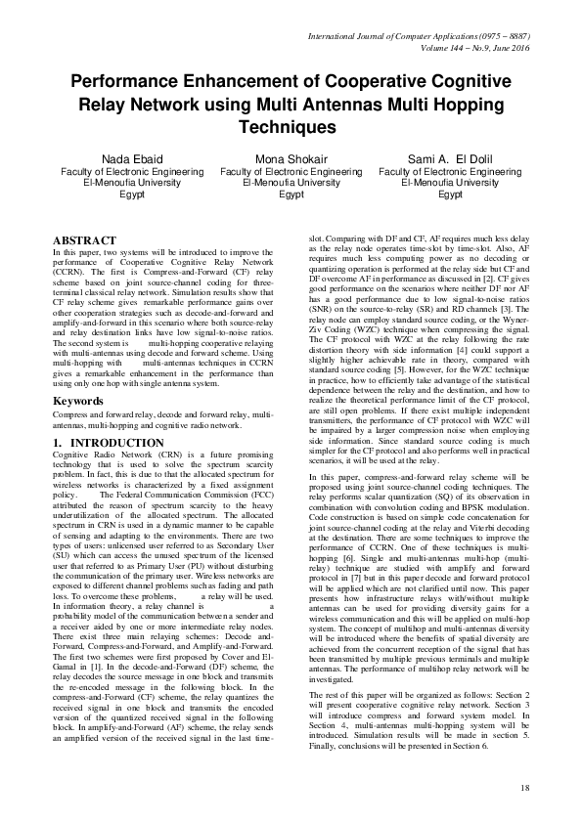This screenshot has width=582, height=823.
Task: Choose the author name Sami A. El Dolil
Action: [x=450, y=159]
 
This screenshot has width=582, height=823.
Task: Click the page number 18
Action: [x=524, y=787]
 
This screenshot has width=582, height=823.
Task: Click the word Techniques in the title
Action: [x=290, y=128]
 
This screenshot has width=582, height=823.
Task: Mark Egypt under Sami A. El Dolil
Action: [x=450, y=195]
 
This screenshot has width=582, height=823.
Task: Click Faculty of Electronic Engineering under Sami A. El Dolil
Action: [x=450, y=172]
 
